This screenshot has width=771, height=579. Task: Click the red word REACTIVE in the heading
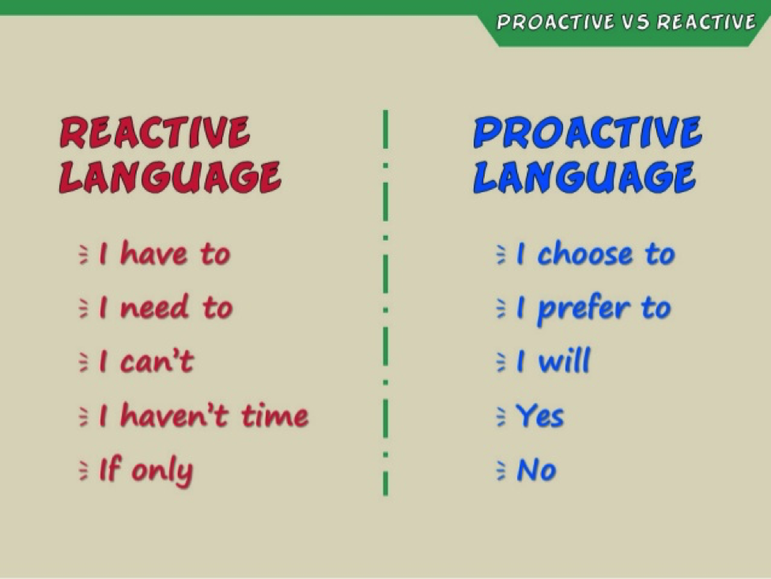point(154,132)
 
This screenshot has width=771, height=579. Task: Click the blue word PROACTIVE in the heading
point(588,132)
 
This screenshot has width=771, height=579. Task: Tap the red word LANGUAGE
point(170,177)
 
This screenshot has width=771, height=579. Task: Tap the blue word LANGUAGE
point(584,177)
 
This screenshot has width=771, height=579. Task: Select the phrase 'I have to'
point(164,254)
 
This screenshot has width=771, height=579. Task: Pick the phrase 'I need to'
point(166,308)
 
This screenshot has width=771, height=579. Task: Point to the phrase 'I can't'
point(146,361)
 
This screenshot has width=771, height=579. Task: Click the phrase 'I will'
point(554,361)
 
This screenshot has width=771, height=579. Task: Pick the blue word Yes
point(540,416)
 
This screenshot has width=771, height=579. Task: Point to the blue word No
point(536,470)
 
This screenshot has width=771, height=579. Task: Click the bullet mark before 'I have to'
point(84,255)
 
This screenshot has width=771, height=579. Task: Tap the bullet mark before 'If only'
point(84,471)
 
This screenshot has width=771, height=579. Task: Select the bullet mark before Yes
point(501,417)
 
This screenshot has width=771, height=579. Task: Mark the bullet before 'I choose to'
point(501,255)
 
